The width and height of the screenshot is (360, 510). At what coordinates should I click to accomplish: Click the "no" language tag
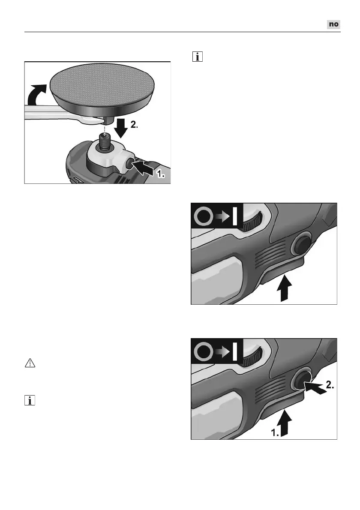[x=334, y=24]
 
